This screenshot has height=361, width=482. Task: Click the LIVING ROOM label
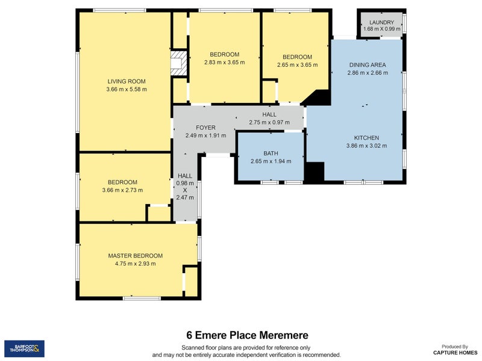pos(127,81)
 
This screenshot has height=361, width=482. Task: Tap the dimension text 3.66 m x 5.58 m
pos(127,89)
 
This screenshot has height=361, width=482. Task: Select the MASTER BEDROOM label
pos(136,256)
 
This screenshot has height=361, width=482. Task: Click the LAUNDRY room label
pos(381,22)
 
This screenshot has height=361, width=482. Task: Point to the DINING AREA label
pos(367,65)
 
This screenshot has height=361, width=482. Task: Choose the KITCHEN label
pos(366,138)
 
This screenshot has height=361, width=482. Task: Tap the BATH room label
pos(271,153)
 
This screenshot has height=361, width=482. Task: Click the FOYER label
pos(205,128)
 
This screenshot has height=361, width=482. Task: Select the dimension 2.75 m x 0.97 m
pos(269,122)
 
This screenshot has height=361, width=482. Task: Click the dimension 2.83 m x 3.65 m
pos(225,63)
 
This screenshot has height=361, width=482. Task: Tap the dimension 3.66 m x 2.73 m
pos(122,190)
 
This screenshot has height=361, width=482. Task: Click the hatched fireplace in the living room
pos(178,64)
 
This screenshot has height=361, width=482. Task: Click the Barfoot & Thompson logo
pos(24,348)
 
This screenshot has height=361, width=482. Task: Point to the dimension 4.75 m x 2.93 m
pos(136,264)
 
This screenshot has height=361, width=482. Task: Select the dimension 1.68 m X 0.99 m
pos(381,29)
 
